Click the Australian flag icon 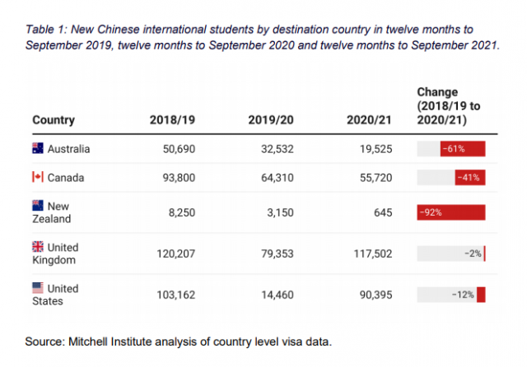tap(37, 149)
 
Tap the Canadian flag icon tap(37, 177)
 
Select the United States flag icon tap(37, 288)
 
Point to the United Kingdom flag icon tap(37, 246)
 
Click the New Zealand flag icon tap(37, 205)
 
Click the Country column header tap(54, 120)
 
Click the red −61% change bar tap(461, 149)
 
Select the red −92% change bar tap(451, 211)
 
